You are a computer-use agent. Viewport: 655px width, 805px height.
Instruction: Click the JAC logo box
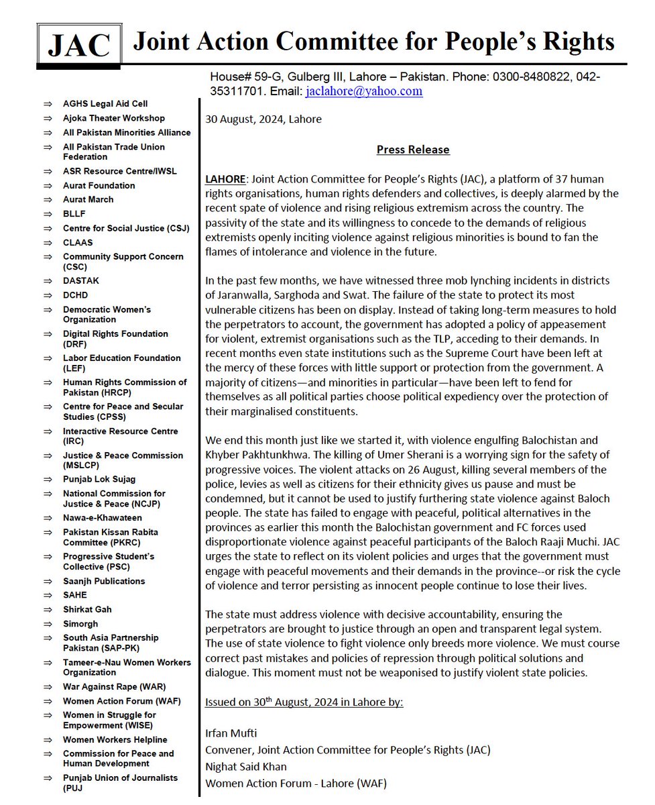tap(79, 44)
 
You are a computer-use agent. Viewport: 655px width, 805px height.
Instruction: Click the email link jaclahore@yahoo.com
tap(363, 91)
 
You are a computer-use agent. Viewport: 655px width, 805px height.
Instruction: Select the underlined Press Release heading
tap(412, 150)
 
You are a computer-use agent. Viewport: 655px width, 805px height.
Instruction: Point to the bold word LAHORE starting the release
tap(224, 180)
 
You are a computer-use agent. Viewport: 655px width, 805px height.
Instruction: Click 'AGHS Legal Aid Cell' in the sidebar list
tap(105, 104)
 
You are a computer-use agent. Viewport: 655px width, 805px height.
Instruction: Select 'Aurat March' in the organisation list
tap(88, 200)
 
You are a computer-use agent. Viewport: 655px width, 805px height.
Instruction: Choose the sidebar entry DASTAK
tap(81, 281)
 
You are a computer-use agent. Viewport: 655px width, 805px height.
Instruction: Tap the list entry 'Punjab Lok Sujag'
tap(99, 480)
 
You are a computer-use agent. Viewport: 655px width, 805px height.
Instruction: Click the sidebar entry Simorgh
tap(80, 624)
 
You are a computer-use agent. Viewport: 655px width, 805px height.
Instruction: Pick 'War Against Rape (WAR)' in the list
tap(115, 687)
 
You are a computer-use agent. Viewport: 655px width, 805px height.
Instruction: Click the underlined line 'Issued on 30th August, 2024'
tap(304, 702)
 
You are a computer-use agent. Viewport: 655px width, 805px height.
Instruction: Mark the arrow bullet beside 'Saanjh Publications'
tap(48, 581)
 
